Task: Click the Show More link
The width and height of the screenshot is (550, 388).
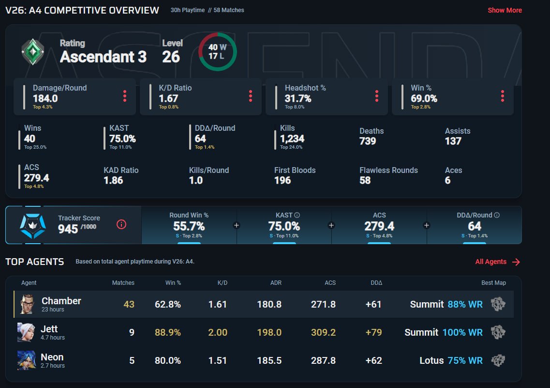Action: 505,10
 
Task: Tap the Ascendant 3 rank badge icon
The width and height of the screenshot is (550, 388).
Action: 32,52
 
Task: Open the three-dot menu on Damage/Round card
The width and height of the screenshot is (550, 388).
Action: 124,96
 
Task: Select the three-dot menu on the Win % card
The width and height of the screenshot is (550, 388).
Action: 502,96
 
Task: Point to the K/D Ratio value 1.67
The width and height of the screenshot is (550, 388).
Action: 168,98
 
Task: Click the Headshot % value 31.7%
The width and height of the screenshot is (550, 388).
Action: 298,98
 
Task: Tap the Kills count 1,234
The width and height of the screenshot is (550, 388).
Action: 292,139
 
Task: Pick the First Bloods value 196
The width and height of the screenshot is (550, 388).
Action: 282,181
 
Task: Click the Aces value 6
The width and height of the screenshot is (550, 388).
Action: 447,181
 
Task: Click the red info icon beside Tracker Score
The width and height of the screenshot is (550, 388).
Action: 121,224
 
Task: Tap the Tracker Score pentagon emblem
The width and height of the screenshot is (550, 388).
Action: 32,226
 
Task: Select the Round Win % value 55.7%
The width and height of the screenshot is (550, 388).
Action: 189,226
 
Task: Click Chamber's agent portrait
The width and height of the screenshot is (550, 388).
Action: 27,304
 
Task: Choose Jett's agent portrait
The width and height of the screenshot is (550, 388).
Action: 26,332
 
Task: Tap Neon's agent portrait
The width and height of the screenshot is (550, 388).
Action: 26,360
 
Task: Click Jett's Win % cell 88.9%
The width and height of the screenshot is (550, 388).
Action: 168,332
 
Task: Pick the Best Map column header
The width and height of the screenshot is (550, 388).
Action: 493,283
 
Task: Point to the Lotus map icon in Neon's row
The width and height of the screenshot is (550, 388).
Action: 498,360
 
